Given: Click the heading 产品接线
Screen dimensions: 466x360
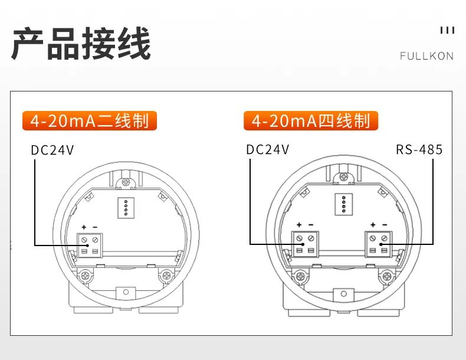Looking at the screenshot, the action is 81,44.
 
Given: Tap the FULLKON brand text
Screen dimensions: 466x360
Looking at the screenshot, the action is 426,56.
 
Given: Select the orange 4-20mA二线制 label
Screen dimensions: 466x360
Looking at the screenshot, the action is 90,121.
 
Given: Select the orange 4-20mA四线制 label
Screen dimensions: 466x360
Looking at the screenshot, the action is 311,121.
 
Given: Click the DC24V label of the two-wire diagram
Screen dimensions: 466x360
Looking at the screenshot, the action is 52,150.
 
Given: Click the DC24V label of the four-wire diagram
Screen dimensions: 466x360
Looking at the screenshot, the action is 267,149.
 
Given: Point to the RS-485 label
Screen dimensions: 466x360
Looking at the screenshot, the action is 419,149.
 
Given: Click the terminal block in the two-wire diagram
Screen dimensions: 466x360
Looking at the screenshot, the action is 90,245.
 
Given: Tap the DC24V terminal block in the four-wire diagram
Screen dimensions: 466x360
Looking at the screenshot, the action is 305,244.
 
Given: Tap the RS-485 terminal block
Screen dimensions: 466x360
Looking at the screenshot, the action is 378,244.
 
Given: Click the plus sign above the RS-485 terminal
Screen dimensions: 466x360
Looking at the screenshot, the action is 373,225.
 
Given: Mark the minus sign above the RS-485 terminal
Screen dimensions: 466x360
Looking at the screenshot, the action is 385,225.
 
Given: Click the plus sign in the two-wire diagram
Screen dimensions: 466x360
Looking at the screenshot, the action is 84,227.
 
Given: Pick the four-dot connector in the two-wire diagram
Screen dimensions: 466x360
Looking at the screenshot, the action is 126,208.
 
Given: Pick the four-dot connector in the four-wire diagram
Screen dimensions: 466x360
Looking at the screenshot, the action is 344,204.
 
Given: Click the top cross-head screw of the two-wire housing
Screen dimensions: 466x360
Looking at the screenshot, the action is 126,182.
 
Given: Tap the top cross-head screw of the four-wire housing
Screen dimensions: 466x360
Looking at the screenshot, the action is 344,177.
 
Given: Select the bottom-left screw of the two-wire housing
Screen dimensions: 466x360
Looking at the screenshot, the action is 86,276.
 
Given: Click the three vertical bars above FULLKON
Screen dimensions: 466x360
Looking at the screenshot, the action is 447,30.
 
